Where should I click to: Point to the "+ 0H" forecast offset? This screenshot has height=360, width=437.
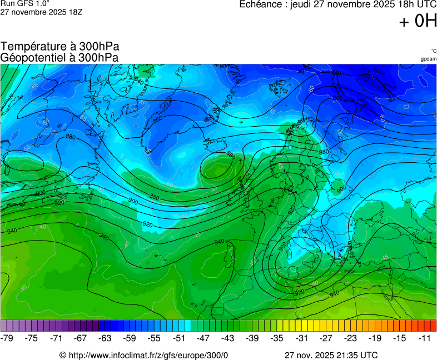coord(418,21)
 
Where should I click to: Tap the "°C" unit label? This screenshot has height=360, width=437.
coord(433,51)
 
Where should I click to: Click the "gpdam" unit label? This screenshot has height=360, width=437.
coord(428,59)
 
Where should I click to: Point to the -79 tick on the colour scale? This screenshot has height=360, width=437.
coord(7,338)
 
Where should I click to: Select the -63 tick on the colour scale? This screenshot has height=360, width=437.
coord(105,338)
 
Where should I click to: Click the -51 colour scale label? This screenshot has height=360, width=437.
coord(178,338)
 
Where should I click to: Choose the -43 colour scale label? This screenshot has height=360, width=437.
coord(227,338)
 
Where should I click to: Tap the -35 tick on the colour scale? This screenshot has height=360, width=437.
coord(276,338)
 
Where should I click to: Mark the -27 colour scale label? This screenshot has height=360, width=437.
coord(325,338)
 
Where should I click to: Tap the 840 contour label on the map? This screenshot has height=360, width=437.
coord(138,82)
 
